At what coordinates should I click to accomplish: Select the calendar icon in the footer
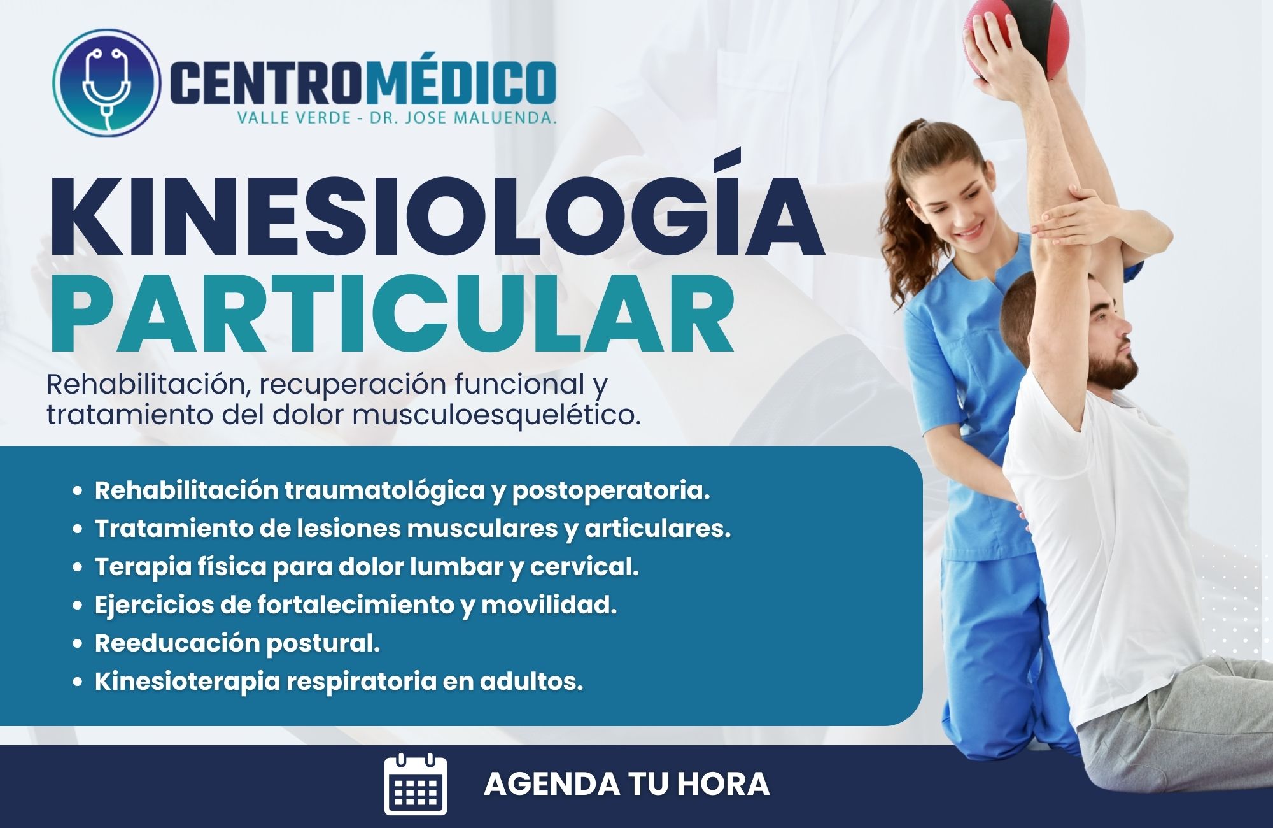pos(416,784)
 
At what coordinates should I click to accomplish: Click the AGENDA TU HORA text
pos(626,784)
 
